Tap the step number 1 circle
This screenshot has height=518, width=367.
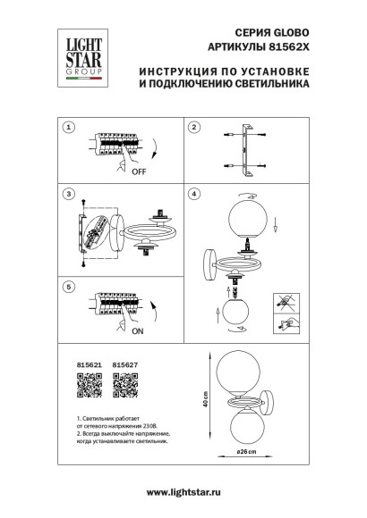(67, 128)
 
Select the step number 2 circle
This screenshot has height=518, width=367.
(193, 128)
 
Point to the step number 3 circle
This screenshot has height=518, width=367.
(67, 194)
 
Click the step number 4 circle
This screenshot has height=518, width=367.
(193, 194)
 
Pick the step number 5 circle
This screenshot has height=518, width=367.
(67, 288)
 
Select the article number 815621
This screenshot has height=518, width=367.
(81, 364)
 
